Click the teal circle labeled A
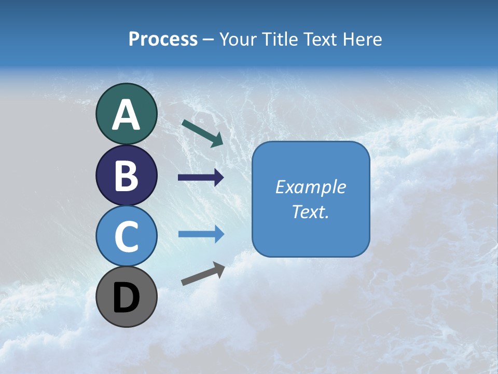point(126,114)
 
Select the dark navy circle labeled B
point(126,175)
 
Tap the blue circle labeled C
point(126,236)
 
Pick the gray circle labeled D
point(126,297)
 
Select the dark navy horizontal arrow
point(201,178)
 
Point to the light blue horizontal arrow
point(201,234)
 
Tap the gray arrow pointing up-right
point(203,274)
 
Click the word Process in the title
point(163,39)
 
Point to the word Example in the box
point(310,187)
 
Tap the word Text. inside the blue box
point(310,211)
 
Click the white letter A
point(126,115)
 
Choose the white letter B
point(126,176)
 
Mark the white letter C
point(126,237)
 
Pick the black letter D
point(126,298)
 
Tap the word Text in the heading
point(321,39)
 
